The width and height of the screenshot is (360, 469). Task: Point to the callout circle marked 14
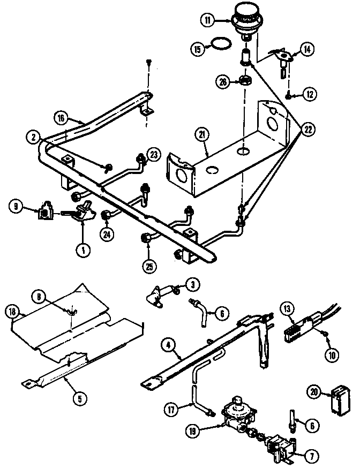click(307, 50)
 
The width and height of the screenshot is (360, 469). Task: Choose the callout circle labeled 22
click(307, 129)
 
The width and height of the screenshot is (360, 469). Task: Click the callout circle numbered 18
click(13, 312)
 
